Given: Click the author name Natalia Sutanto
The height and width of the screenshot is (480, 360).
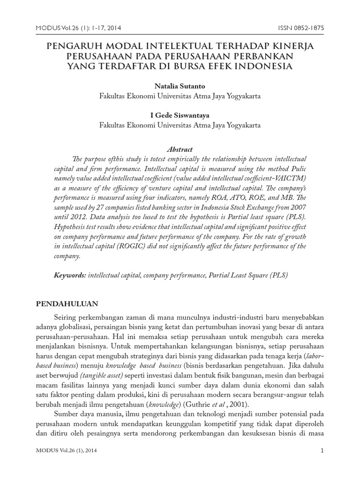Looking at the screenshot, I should (x=180, y=86).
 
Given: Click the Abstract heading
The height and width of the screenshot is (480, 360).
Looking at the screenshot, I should (x=180, y=149).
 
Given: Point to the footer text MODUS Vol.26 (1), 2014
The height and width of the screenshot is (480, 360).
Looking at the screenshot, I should (x=67, y=451).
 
